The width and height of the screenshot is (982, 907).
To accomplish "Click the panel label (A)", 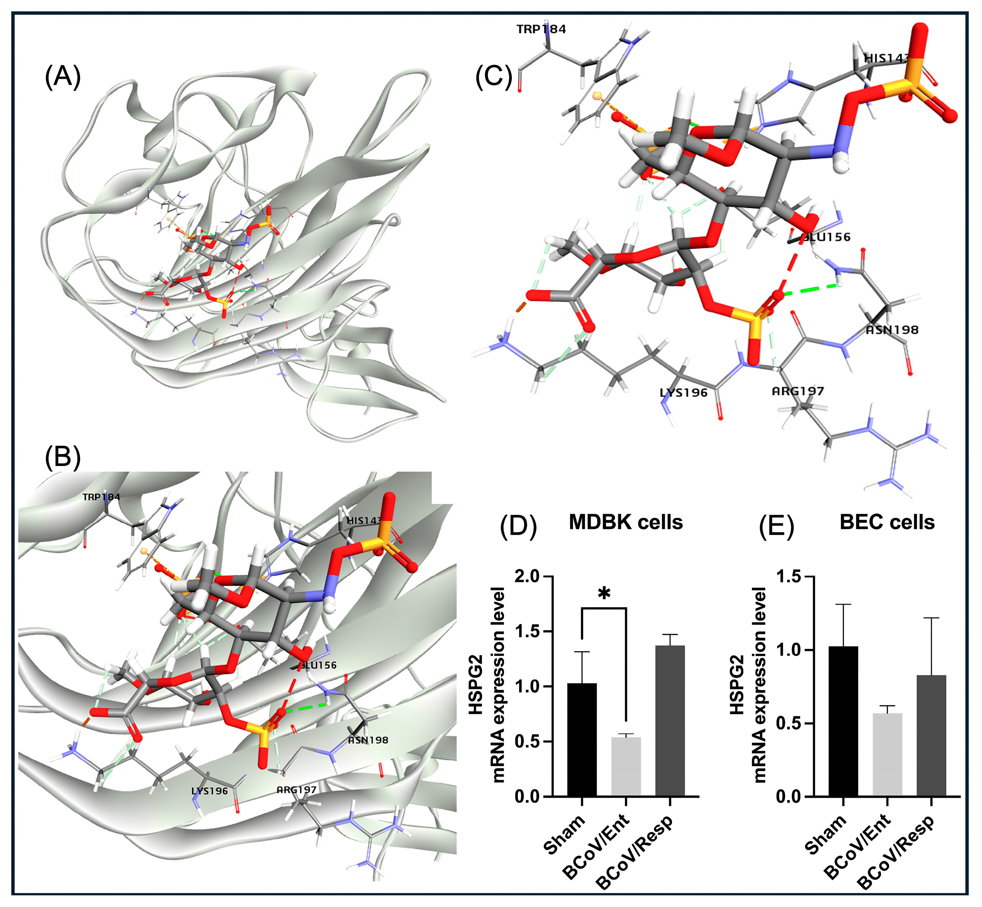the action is tap(62, 77).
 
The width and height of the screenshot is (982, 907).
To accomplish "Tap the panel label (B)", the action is tap(62, 457).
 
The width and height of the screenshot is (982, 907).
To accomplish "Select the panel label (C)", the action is tap(493, 77).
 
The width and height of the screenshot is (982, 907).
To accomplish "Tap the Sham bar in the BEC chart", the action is tap(843, 721).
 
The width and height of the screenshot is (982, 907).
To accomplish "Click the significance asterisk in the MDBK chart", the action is tap(604, 594).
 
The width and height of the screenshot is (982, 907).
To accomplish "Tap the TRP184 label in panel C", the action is tap(541, 30).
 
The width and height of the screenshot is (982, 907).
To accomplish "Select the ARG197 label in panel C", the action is tap(798, 391).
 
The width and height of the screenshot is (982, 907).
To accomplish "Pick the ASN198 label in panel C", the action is tap(892, 330).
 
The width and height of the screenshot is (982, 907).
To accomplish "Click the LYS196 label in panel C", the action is tap(683, 393).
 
